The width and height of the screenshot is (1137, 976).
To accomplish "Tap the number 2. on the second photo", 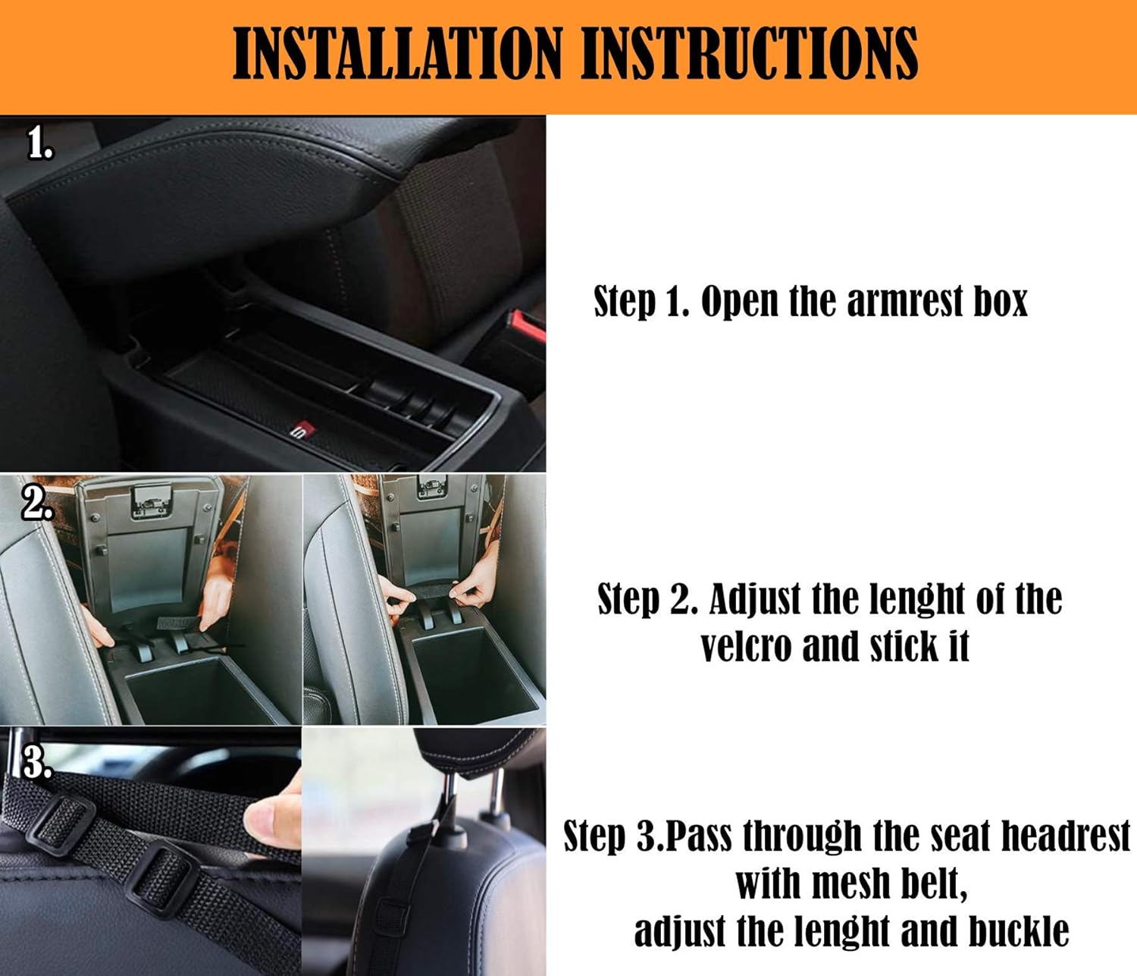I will (36, 503).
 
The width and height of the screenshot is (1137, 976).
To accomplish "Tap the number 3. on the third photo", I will (36, 761).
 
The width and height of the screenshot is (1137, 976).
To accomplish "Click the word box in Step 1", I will (1000, 301).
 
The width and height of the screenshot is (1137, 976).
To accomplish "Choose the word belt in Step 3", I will (934, 884).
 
